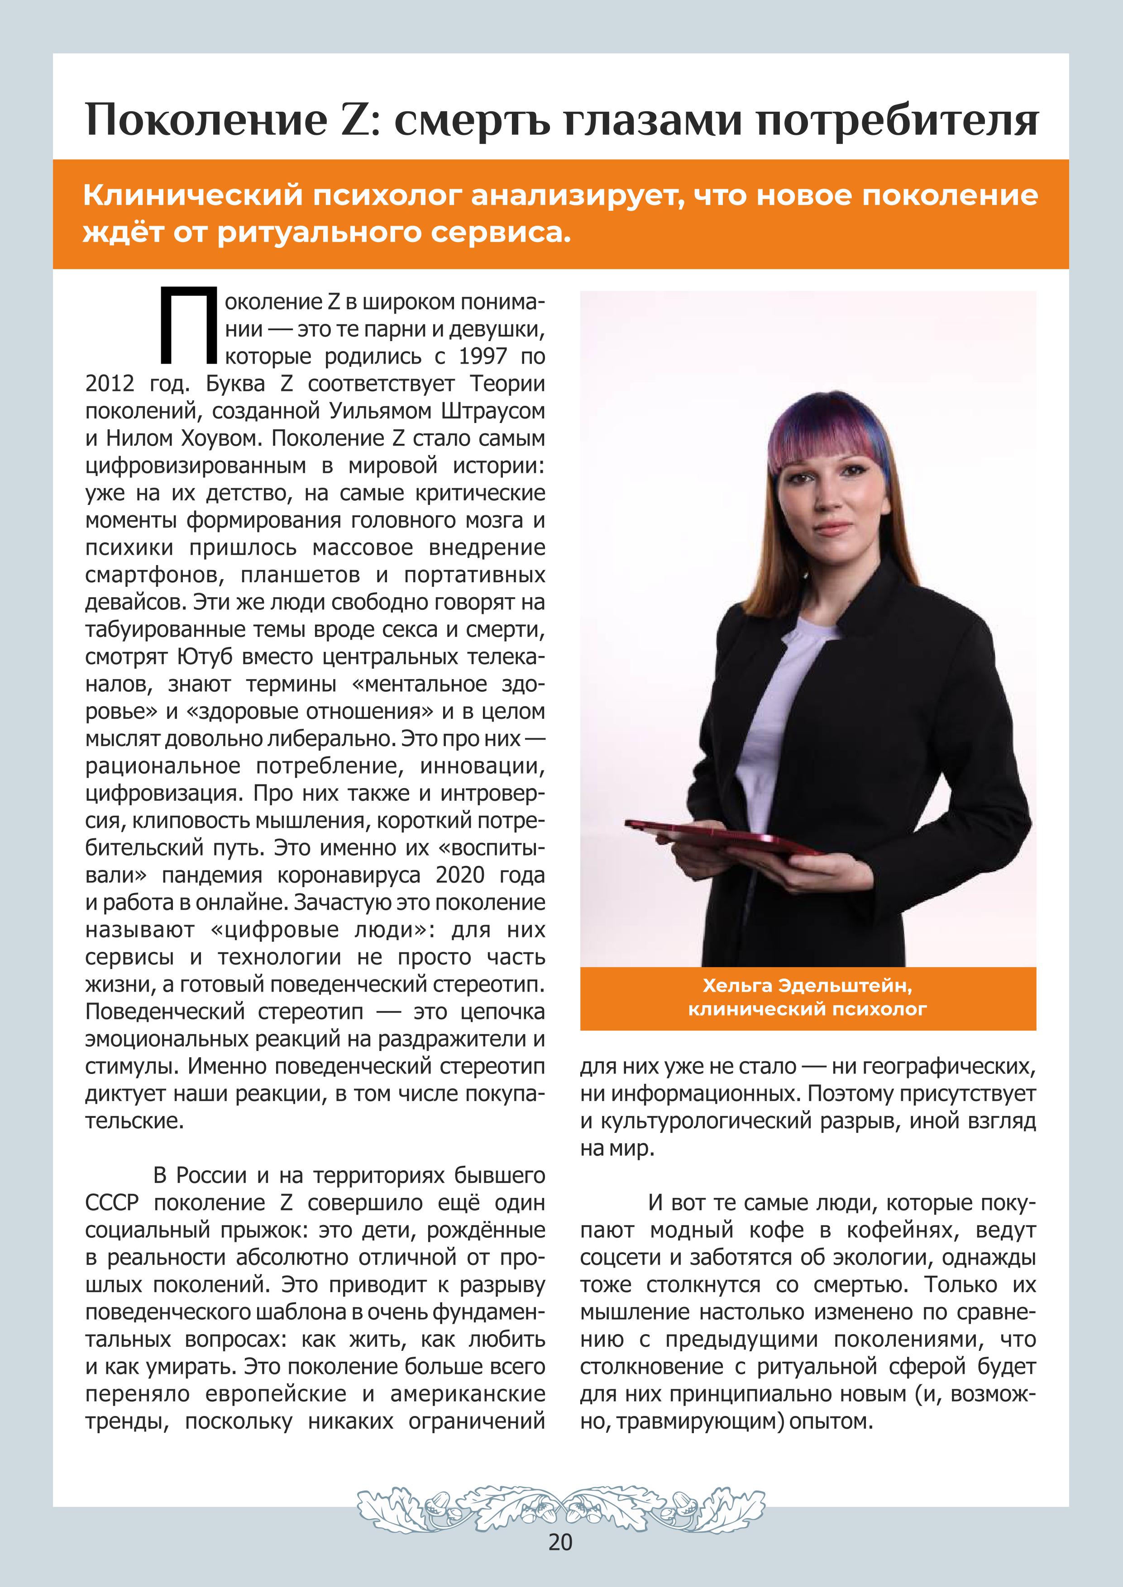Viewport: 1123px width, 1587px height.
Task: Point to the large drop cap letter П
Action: (185, 326)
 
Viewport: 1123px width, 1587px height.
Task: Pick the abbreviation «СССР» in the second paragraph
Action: (112, 1203)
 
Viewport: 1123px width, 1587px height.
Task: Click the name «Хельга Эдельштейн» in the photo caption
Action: (807, 986)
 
